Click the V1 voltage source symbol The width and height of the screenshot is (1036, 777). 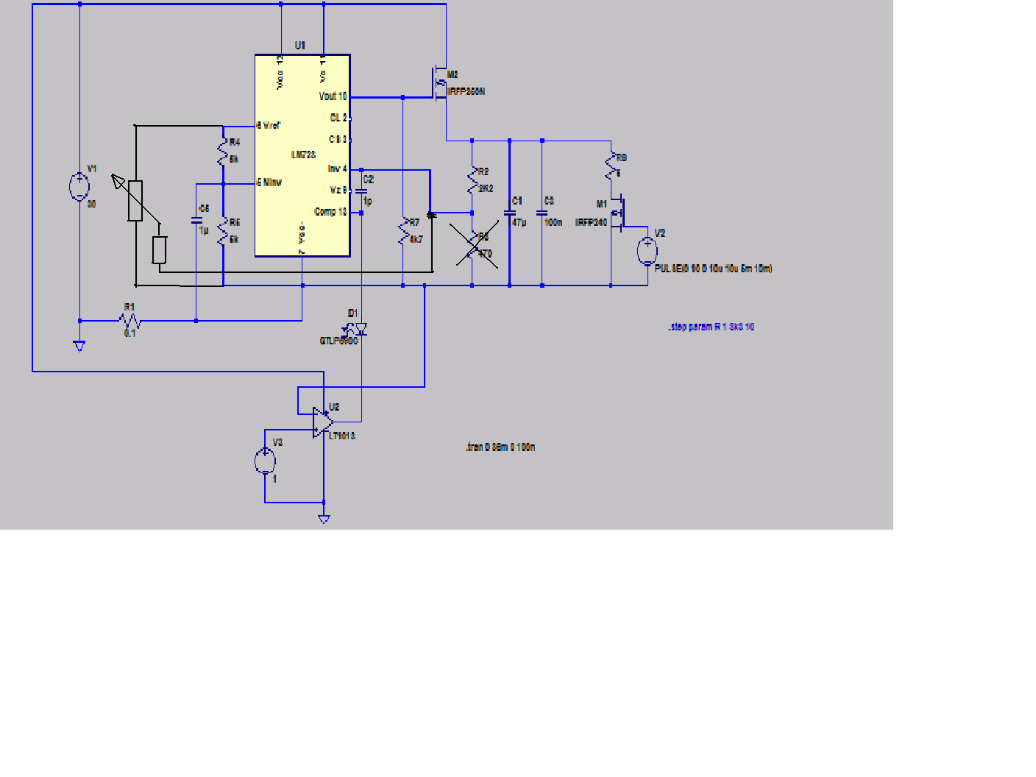(x=79, y=186)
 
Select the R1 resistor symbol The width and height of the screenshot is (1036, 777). (x=130, y=321)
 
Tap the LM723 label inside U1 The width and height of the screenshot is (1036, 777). (x=303, y=155)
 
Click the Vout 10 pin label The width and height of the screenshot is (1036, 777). (x=333, y=96)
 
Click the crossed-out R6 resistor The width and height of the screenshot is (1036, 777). (x=473, y=246)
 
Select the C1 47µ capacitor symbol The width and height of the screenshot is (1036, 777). (x=509, y=213)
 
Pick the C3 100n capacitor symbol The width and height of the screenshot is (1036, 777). (x=542, y=213)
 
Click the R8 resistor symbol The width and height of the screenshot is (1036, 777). (x=611, y=166)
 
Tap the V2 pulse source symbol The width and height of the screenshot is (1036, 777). (x=647, y=251)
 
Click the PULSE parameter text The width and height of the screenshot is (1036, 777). (x=713, y=269)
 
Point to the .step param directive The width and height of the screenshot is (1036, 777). (x=711, y=327)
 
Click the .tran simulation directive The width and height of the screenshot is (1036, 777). (x=500, y=447)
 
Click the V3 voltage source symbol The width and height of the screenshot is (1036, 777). (x=265, y=461)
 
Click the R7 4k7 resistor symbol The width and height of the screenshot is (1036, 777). (x=403, y=231)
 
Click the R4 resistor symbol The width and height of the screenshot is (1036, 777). (x=223, y=151)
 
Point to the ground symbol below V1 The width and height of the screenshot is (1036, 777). (x=79, y=346)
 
